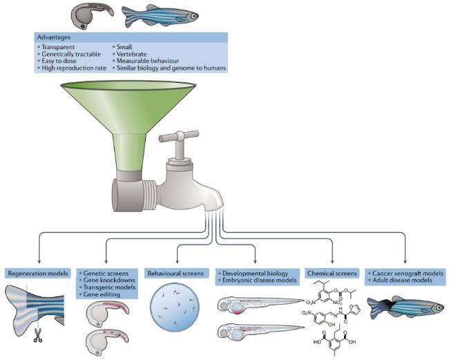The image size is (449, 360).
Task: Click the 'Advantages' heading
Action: (x=54, y=37)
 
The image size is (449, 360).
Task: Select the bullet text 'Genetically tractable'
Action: (x=71, y=54)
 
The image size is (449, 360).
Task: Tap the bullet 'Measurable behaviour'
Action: (x=148, y=61)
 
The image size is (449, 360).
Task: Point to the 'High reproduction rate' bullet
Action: (x=74, y=68)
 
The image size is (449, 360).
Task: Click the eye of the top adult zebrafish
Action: (x=194, y=16)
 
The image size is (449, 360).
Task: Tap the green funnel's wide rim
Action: (x=128, y=86)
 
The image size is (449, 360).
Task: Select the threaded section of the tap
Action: (x=149, y=195)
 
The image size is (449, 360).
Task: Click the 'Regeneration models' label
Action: (x=38, y=273)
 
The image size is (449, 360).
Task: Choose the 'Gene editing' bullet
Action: (x=102, y=294)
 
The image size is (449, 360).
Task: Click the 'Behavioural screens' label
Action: (x=175, y=274)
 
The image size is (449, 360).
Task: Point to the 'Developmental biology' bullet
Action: (x=255, y=273)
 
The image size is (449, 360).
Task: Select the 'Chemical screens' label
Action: (x=332, y=274)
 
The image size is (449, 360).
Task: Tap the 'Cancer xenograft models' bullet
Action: (x=408, y=273)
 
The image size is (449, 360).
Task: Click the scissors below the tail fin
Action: (x=37, y=335)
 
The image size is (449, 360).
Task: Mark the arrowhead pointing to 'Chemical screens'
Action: (x=332, y=261)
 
